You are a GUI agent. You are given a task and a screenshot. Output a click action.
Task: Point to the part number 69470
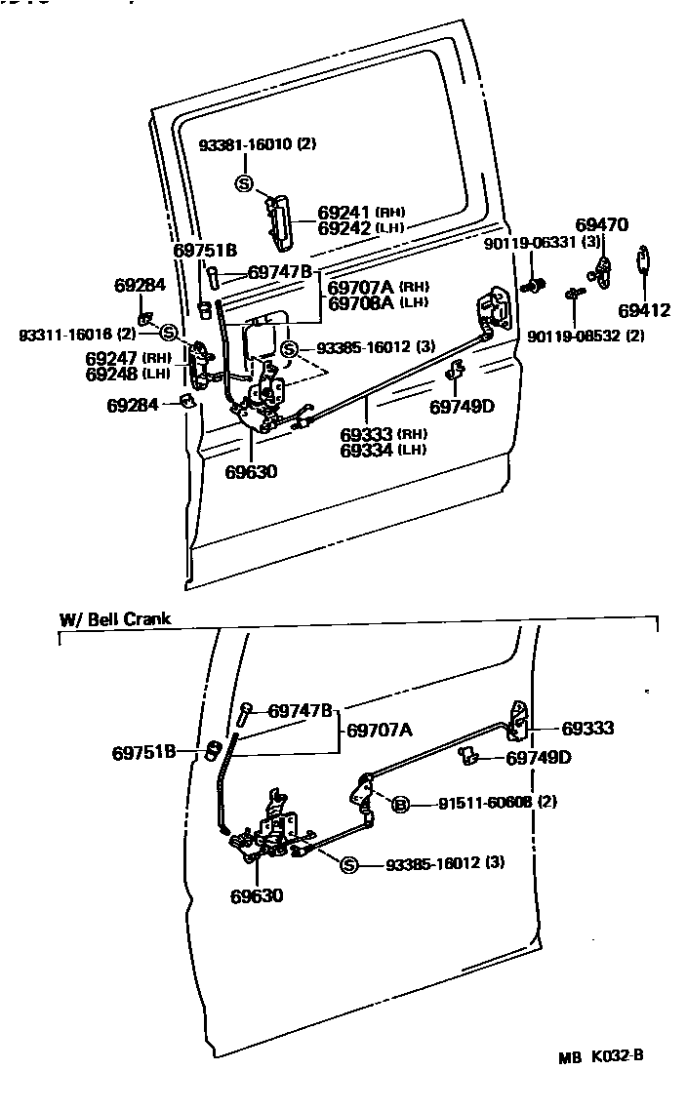601,224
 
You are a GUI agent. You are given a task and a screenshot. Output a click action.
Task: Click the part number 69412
644,311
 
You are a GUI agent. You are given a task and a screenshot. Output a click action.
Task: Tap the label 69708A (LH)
378,303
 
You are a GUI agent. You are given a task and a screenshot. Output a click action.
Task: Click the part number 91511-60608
485,803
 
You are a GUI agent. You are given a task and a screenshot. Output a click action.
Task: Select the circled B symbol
399,805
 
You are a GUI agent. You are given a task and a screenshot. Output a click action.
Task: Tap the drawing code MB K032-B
600,1055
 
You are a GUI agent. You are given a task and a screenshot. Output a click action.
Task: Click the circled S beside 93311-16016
167,334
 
